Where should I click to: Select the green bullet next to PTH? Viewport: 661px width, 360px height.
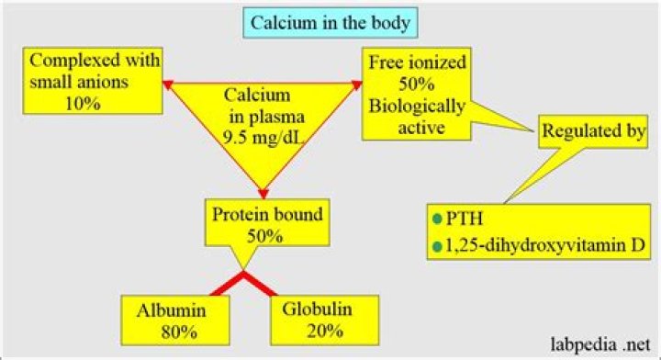(x=437, y=221)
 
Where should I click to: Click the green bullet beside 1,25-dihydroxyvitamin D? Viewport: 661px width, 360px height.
(x=437, y=245)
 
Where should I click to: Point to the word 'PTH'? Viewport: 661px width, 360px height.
(x=465, y=221)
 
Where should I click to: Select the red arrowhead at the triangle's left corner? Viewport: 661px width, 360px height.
(x=167, y=84)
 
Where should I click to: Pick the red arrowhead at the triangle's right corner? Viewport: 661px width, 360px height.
(x=357, y=84)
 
